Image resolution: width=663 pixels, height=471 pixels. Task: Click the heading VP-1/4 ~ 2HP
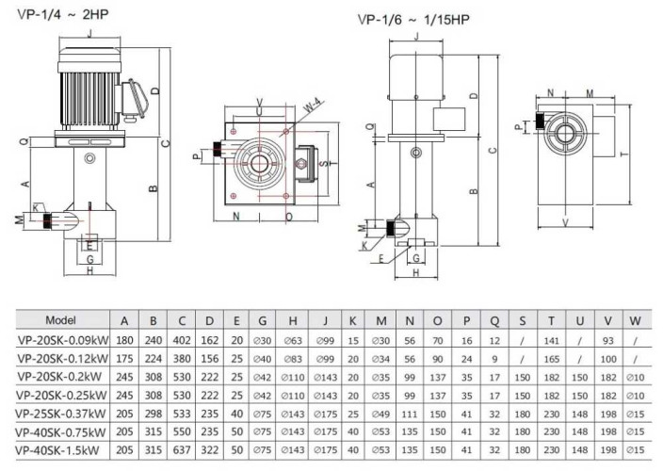click(x=57, y=13)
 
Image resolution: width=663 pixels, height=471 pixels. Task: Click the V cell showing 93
click(x=607, y=341)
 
